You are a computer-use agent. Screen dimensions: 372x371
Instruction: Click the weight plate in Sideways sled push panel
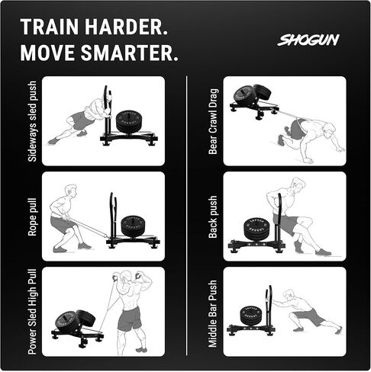pos(131,121)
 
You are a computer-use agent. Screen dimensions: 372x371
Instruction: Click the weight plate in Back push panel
pos(256,229)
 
